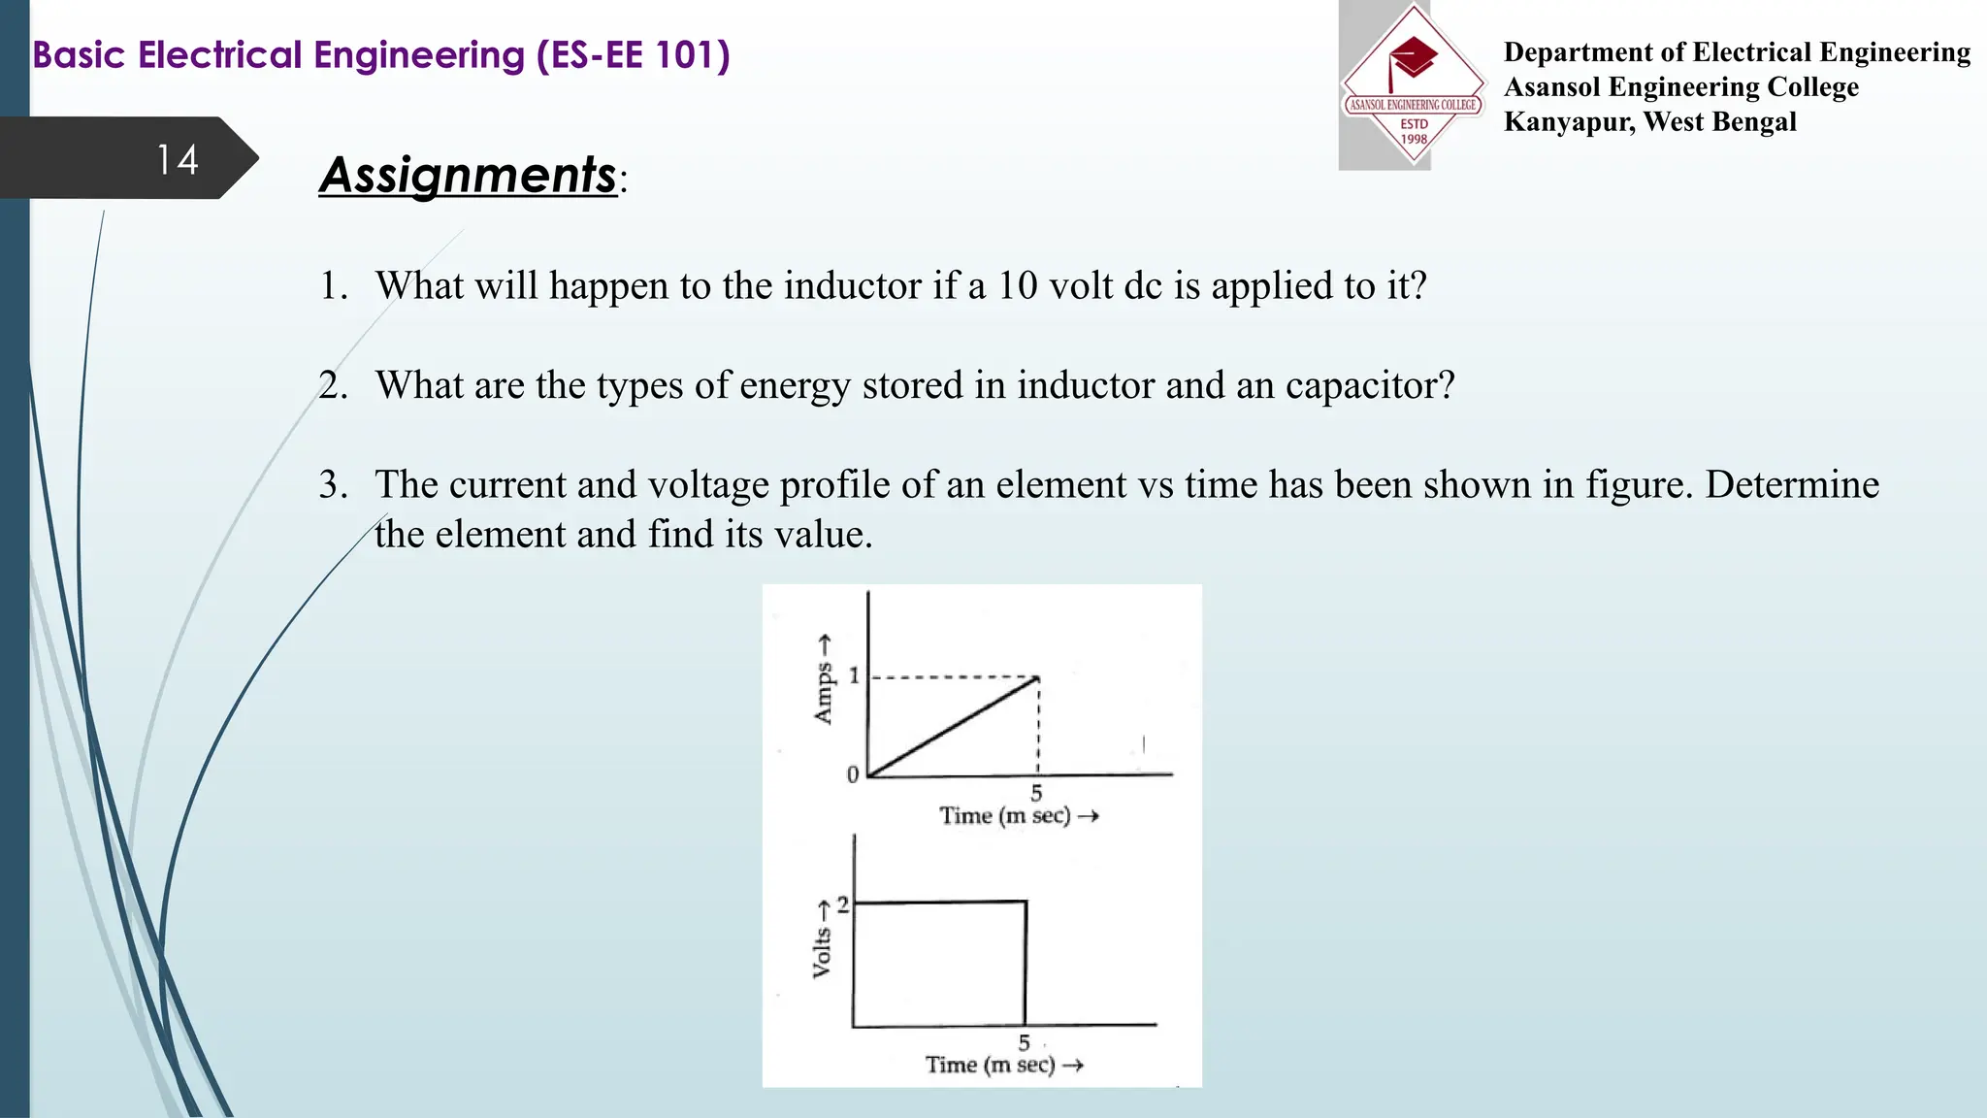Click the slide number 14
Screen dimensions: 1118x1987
[x=178, y=160]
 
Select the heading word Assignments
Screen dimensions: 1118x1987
[x=469, y=176]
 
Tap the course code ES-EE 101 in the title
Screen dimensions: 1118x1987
[x=632, y=55]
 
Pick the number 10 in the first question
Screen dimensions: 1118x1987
[x=1018, y=286]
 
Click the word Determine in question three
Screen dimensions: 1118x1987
[x=1792, y=485]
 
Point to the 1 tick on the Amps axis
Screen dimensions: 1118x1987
[x=854, y=675]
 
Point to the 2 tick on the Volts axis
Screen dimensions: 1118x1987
[x=842, y=904]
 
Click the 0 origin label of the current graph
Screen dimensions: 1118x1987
[x=853, y=774]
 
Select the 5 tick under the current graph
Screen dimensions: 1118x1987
[x=1036, y=793]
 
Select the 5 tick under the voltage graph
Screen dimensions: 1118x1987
[x=1024, y=1043]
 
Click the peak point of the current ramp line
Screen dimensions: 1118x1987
[x=1037, y=677]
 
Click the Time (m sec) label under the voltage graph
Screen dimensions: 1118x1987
[x=991, y=1065]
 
